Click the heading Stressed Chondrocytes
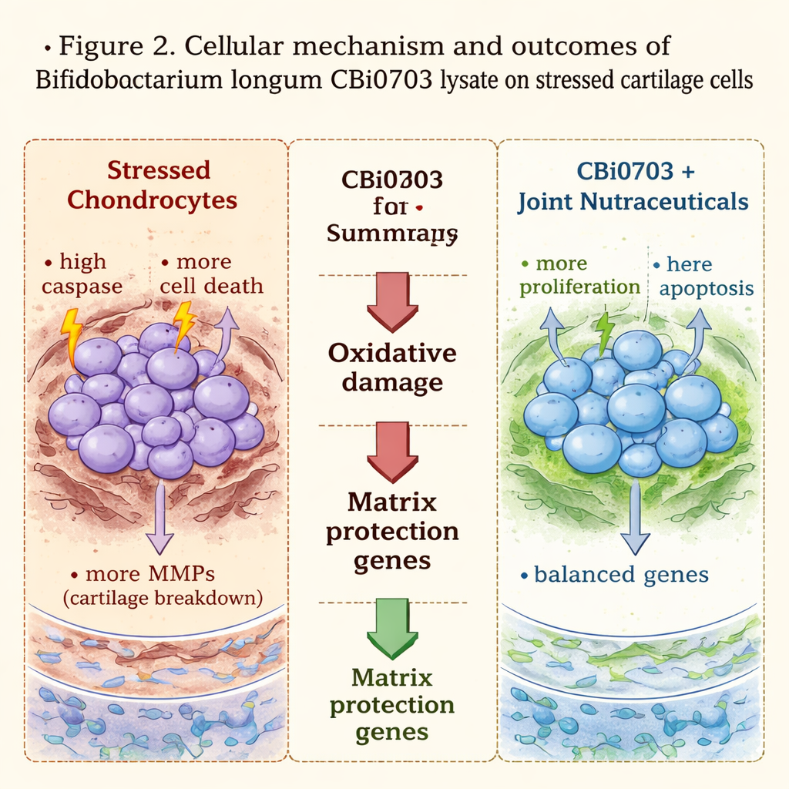[x=152, y=185]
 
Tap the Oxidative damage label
[x=392, y=368]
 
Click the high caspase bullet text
[x=82, y=274]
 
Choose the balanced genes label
[x=614, y=575]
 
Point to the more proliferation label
[x=579, y=275]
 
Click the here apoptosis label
[x=704, y=276]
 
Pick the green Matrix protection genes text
[x=392, y=704]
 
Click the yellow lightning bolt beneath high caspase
[x=70, y=330]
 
